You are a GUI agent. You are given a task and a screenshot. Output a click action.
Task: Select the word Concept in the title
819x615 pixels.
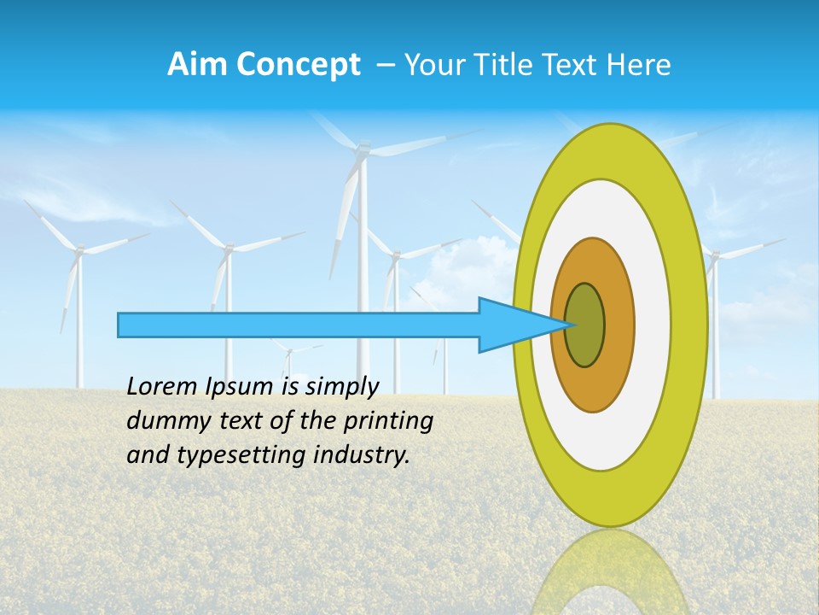click(x=297, y=65)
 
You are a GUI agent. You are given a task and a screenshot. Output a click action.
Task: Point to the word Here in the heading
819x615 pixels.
click(x=639, y=65)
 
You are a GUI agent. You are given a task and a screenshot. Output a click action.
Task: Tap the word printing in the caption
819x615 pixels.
click(x=387, y=421)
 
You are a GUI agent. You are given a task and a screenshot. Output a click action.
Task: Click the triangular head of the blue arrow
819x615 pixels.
click(x=512, y=325)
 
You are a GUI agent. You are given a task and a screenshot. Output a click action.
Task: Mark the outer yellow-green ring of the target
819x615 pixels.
click(x=690, y=325)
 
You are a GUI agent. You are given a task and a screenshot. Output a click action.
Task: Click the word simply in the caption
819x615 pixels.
click(x=341, y=387)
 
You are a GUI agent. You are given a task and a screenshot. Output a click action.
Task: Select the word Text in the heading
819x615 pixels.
click(x=572, y=65)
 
